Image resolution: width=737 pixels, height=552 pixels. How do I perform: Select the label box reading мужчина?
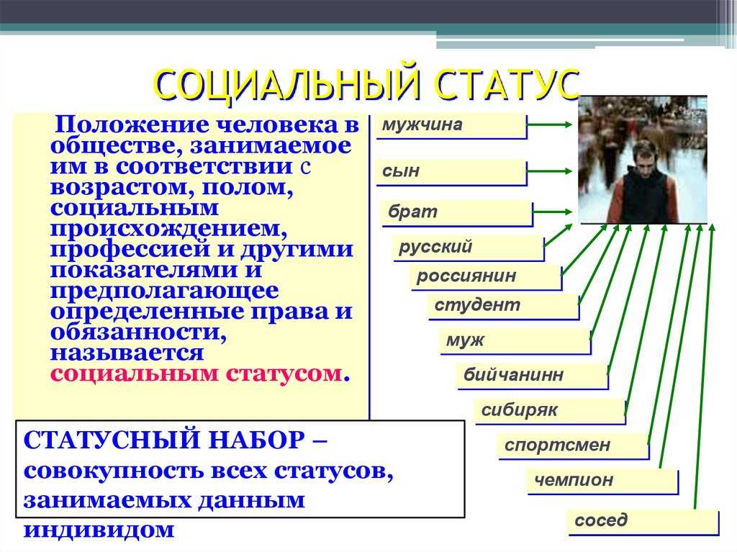pos(451,126)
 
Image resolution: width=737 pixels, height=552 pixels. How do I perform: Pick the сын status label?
pos(451,172)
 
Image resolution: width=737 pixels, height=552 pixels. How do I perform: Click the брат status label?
pos(457,214)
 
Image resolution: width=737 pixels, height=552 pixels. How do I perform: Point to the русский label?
pos(469,248)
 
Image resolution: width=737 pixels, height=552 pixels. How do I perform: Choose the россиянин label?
pos(486,277)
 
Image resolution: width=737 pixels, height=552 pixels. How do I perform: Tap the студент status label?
pos(503,307)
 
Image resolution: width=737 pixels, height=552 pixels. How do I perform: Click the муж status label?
pos(515,341)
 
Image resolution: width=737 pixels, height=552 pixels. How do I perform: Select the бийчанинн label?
pos(533,376)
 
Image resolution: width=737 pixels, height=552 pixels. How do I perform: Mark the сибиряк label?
pos(550,412)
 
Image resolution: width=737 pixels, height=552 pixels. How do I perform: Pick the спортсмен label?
pos(574,445)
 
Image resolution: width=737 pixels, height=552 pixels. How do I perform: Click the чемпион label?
pos(602,481)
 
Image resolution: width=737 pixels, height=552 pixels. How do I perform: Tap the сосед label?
pos(643,522)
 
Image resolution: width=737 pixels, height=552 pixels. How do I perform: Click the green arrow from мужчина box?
pos(550,125)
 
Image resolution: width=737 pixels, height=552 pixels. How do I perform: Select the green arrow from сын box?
pos(550,171)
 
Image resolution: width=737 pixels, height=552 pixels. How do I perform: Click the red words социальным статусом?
pos(196,374)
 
